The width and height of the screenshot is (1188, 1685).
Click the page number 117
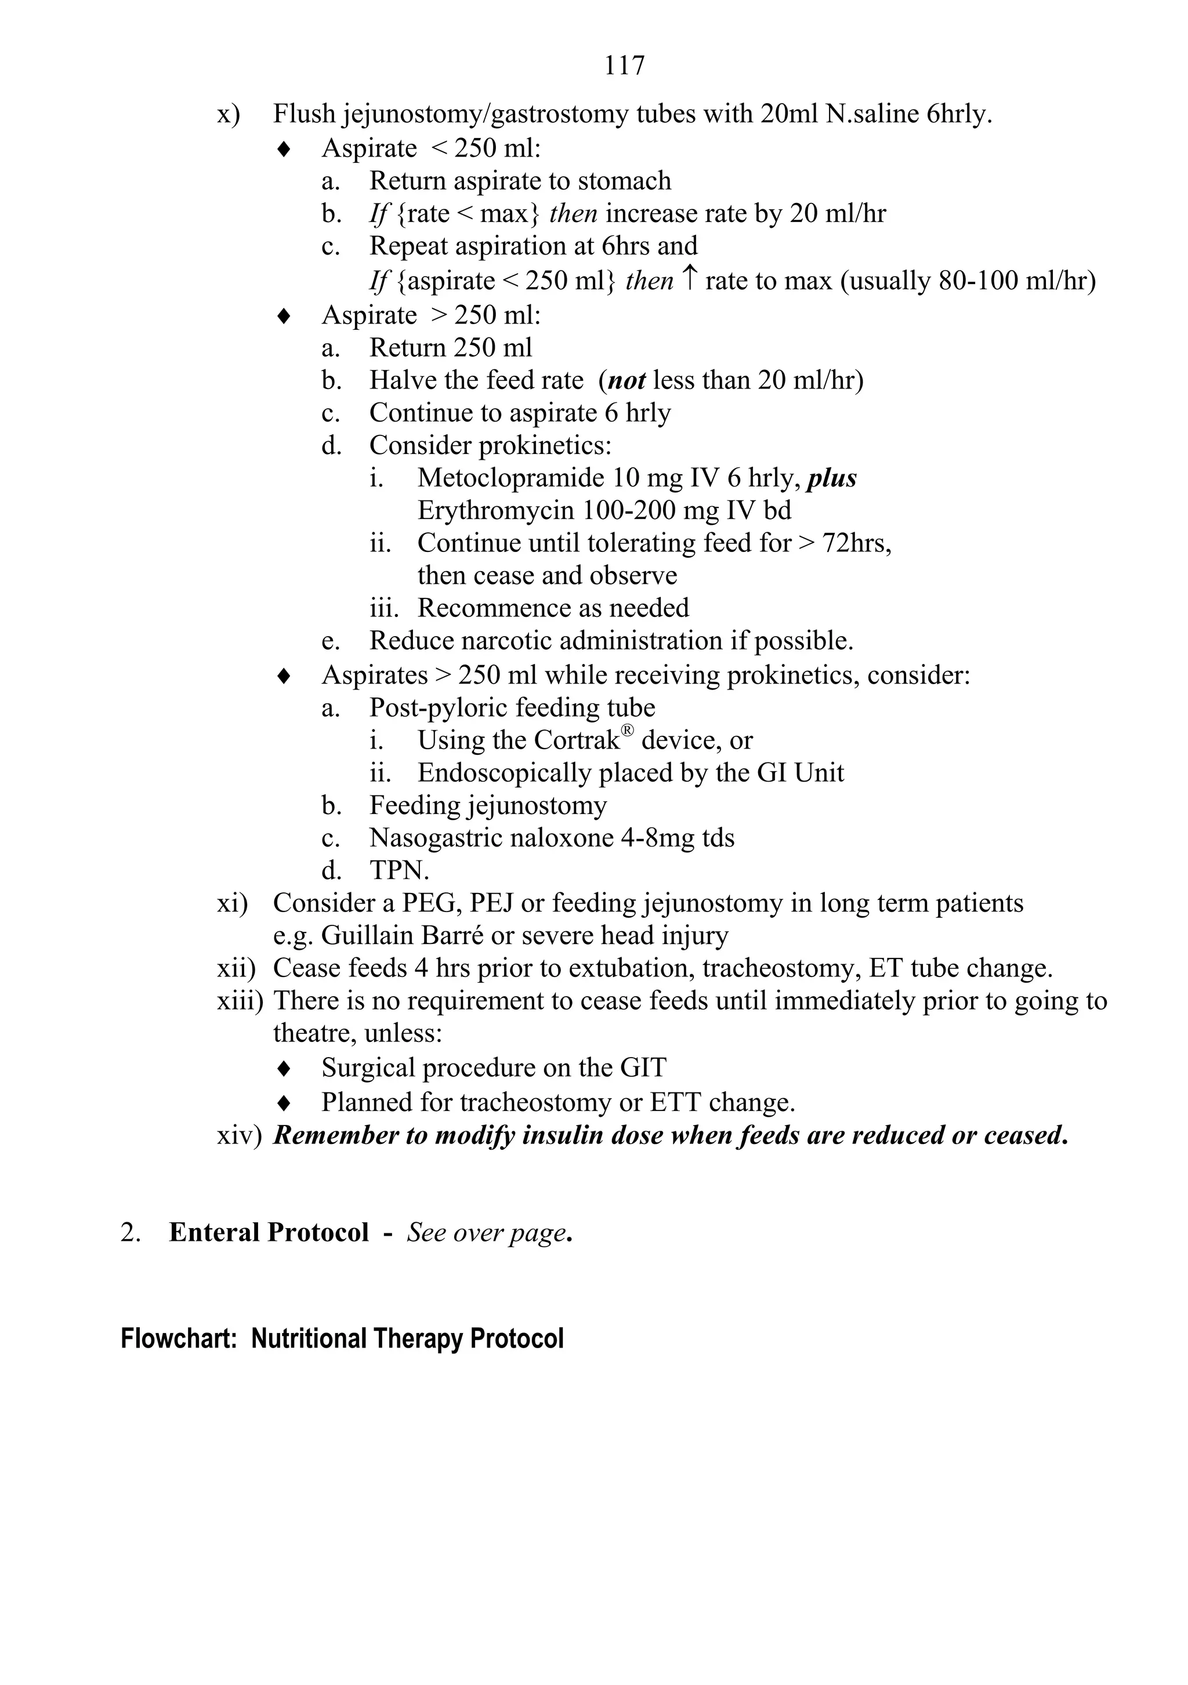[x=624, y=66]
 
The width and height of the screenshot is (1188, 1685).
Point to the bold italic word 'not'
[x=626, y=381]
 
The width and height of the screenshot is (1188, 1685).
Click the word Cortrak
[x=577, y=740]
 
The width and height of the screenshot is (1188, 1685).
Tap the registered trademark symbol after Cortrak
[x=626, y=731]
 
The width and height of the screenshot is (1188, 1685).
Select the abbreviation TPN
[x=399, y=871]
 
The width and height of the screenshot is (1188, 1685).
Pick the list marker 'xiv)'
[x=238, y=1136]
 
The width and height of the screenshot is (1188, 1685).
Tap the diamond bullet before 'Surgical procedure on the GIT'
[x=284, y=1069]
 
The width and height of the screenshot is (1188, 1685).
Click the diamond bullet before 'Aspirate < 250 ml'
[x=284, y=150]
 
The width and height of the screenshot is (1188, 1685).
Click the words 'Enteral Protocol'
[x=269, y=1233]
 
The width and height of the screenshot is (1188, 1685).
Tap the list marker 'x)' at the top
[x=229, y=115]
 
